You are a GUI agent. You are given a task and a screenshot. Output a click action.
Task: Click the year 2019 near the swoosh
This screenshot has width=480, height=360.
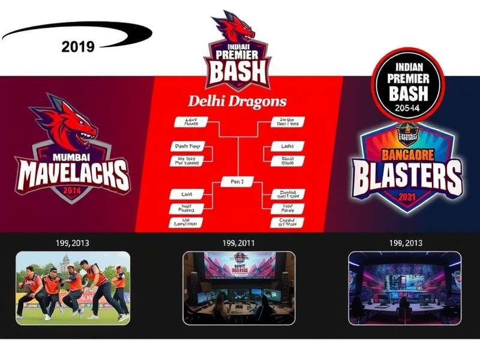(x=78, y=47)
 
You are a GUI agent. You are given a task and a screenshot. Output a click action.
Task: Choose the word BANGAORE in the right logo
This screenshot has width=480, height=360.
(x=408, y=152)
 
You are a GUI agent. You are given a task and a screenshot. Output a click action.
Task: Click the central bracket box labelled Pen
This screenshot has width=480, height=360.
(x=238, y=181)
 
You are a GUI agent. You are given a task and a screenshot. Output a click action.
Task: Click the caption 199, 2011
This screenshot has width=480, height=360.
(x=238, y=243)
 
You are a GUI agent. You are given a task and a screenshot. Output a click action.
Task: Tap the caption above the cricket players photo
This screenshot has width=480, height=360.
(x=72, y=243)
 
